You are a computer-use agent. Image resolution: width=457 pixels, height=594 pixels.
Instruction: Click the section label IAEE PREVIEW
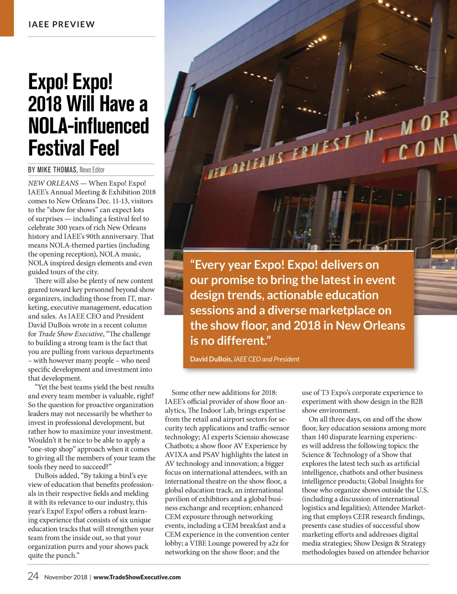pos(62,25)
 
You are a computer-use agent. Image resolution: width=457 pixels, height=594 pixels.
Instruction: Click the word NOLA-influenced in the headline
pos(88,126)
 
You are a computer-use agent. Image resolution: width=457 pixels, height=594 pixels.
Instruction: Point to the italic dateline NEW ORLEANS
pos(53,183)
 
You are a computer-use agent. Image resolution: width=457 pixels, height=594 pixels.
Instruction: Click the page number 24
pos(33,576)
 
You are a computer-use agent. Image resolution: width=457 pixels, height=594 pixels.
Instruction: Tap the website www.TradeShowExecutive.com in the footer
pos(137,577)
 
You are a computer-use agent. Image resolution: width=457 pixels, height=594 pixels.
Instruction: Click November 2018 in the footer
pos(66,577)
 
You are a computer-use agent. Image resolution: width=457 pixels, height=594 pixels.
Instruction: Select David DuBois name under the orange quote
pos(211,359)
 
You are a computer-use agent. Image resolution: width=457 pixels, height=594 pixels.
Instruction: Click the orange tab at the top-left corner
pos(7,18)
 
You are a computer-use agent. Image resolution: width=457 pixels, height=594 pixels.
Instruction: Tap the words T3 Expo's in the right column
pos(336,393)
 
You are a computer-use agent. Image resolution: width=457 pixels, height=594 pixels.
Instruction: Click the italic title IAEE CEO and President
pos(266,359)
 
